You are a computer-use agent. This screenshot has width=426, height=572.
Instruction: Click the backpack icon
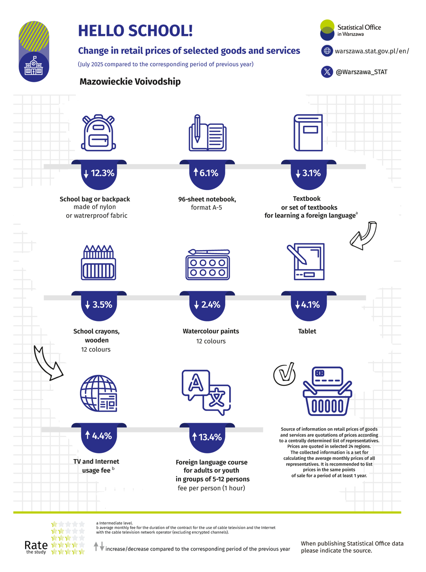tap(98, 132)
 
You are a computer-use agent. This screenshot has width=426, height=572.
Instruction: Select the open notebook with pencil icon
tap(207, 133)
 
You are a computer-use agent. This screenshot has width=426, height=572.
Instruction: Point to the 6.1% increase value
tap(206, 173)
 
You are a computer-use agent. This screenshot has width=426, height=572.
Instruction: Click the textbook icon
tap(308, 132)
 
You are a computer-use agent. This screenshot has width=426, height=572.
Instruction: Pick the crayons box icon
tap(98, 262)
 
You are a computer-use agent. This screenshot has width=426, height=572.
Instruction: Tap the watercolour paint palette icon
tap(208, 264)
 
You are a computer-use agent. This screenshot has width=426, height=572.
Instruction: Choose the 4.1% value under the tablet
tap(307, 304)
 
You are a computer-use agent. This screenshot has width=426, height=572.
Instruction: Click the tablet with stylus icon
tap(306, 261)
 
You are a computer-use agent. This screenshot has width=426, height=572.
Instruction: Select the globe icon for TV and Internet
tap(98, 393)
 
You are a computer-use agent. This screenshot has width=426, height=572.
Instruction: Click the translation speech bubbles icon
tap(206, 392)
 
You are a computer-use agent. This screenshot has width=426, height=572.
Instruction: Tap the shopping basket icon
tap(328, 391)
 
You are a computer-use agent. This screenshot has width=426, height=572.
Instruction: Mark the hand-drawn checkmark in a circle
tap(284, 374)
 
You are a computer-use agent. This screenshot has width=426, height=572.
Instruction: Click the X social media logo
tap(327, 72)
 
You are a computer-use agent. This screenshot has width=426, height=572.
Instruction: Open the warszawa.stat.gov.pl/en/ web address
tap(372, 51)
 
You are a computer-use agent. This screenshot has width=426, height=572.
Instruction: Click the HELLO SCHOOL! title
tap(135, 31)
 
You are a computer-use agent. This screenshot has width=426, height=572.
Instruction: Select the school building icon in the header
tap(34, 66)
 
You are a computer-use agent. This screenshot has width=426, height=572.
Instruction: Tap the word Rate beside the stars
tap(36, 545)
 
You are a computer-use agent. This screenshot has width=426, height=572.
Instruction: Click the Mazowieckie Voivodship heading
tap(130, 81)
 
